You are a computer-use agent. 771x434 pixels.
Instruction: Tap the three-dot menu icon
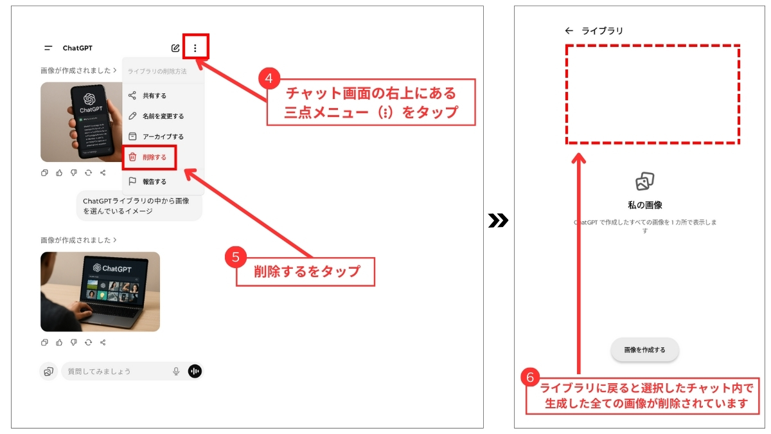pos(195,48)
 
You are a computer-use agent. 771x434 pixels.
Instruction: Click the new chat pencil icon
pos(175,48)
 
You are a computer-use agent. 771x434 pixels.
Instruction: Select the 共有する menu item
pos(154,96)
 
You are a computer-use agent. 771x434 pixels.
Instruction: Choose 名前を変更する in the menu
pos(163,116)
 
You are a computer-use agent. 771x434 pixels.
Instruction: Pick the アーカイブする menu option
pos(163,137)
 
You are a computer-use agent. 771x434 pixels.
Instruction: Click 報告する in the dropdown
pos(154,182)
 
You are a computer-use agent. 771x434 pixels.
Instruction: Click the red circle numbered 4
pos(270,78)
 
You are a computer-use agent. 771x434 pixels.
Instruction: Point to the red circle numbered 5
pos(236,257)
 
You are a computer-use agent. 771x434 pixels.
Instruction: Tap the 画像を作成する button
pos(644,350)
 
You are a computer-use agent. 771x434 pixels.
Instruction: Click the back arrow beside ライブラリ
pos(569,30)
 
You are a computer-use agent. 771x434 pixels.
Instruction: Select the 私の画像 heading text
pos(644,205)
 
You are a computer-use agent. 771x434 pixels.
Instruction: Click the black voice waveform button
pos(195,371)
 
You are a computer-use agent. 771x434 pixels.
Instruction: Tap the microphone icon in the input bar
pos(176,371)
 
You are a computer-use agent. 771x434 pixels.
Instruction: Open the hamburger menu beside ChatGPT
pos(48,48)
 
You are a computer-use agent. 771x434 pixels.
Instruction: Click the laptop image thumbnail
pos(100,291)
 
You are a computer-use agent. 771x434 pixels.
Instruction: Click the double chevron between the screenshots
pos(498,221)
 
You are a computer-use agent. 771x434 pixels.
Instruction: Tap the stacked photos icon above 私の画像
pos(644,181)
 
